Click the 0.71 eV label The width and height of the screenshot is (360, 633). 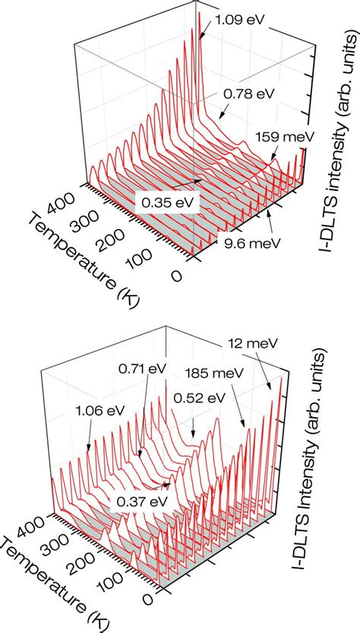pyautogui.click(x=141, y=368)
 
